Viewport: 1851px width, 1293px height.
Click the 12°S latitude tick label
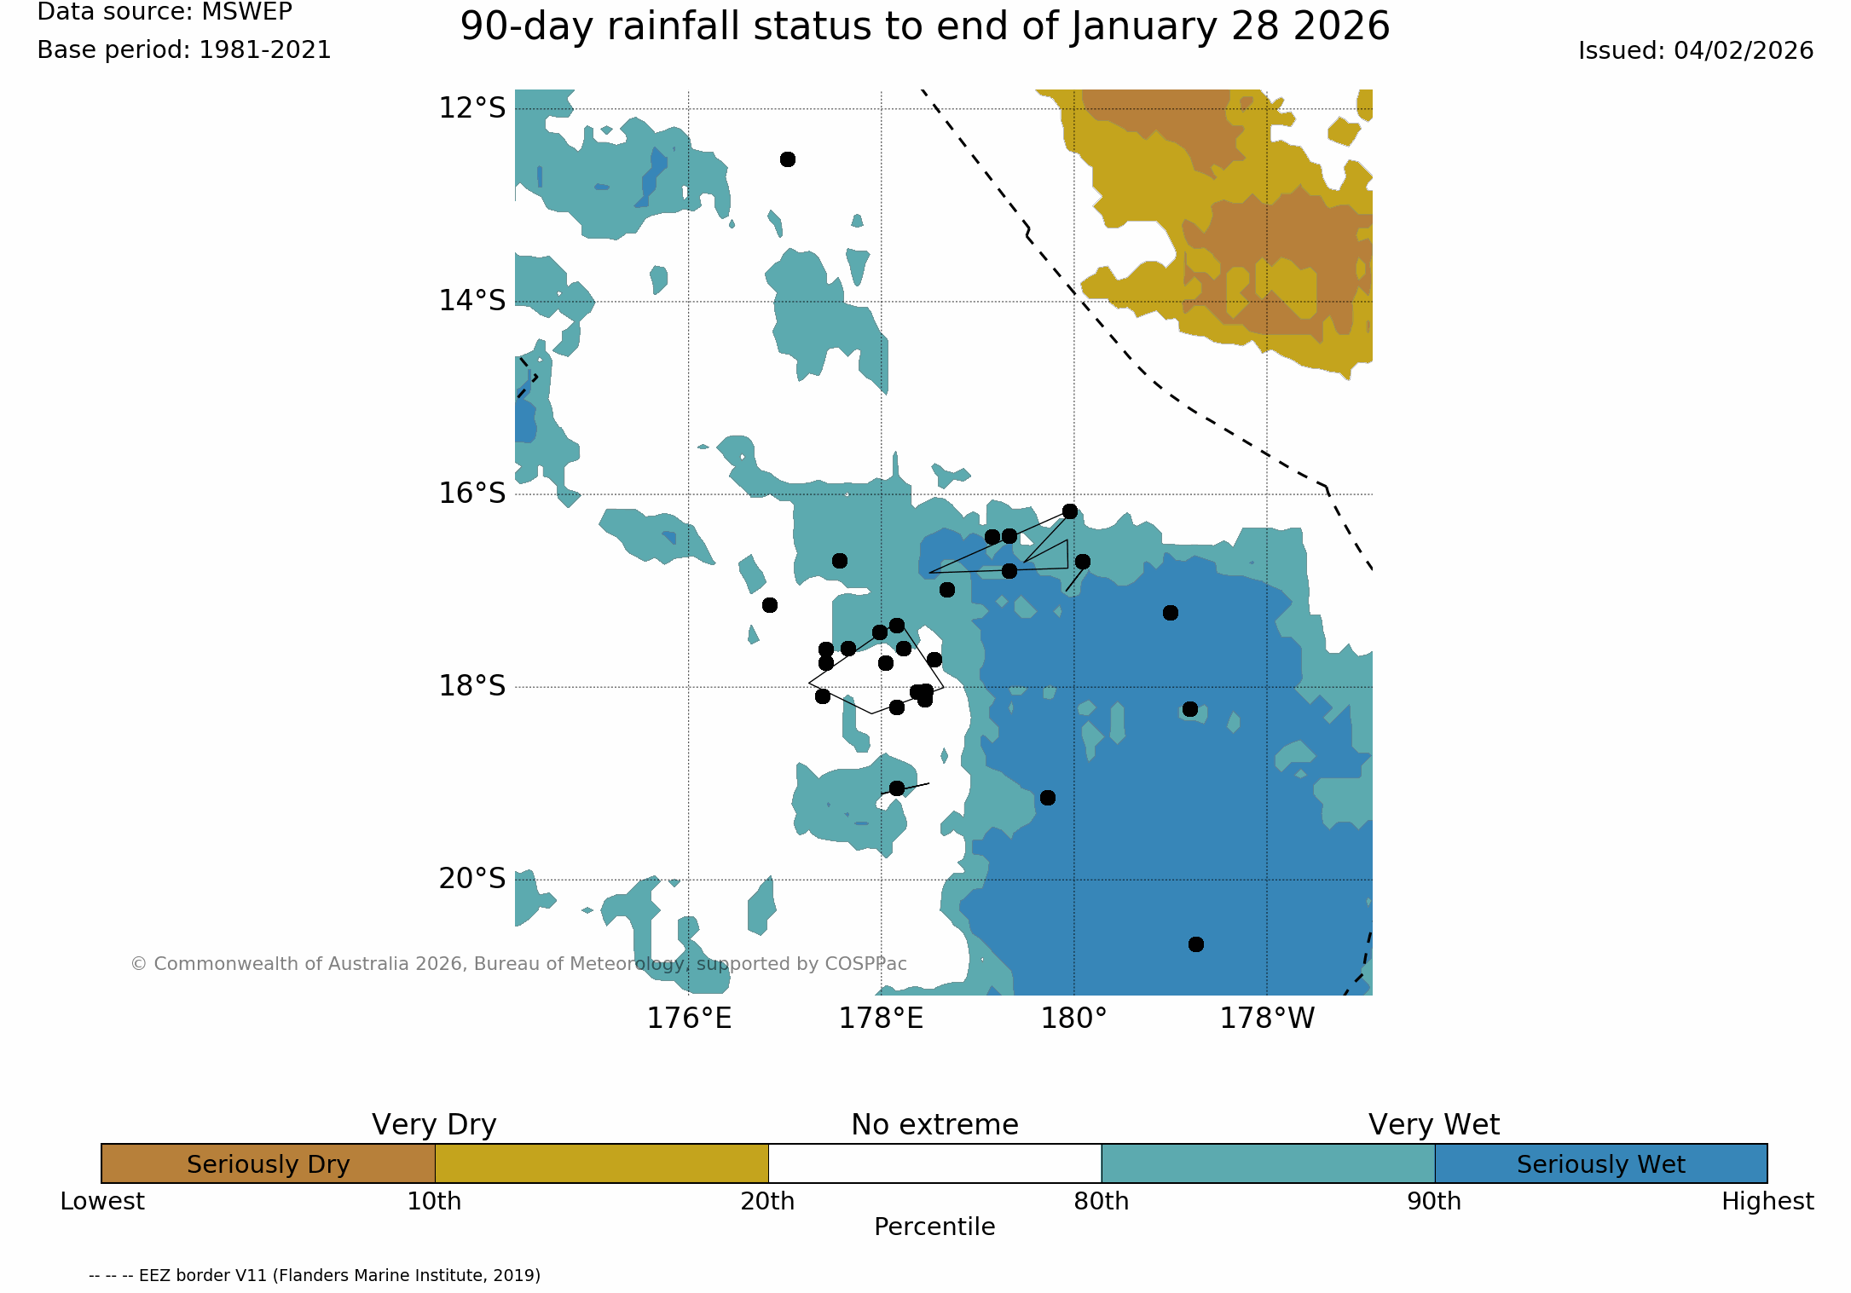point(472,108)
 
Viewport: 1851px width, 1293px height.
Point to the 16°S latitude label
point(472,494)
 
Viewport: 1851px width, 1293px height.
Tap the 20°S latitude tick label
point(472,879)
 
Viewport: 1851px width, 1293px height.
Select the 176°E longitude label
point(689,1019)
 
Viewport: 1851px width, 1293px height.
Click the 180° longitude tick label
point(1073,1019)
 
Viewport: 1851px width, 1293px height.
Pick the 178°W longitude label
point(1267,1019)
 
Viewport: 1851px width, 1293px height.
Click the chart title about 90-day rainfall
point(925,26)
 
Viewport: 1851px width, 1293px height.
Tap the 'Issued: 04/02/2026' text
point(1696,51)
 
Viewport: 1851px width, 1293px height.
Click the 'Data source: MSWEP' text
point(165,12)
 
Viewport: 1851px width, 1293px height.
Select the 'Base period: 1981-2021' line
point(184,50)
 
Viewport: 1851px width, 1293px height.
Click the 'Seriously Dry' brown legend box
point(268,1163)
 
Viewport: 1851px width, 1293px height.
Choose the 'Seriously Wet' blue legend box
point(1601,1163)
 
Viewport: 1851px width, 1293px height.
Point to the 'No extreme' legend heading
point(934,1125)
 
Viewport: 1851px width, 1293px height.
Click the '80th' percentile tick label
point(1102,1202)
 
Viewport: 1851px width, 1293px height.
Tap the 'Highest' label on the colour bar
point(1767,1202)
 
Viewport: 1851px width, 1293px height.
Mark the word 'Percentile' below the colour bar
point(934,1227)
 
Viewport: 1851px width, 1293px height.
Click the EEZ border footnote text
point(315,1275)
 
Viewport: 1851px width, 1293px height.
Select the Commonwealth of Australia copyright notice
point(518,964)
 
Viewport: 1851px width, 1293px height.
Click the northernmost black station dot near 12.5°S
point(788,159)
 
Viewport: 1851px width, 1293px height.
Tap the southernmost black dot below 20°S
point(1196,944)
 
